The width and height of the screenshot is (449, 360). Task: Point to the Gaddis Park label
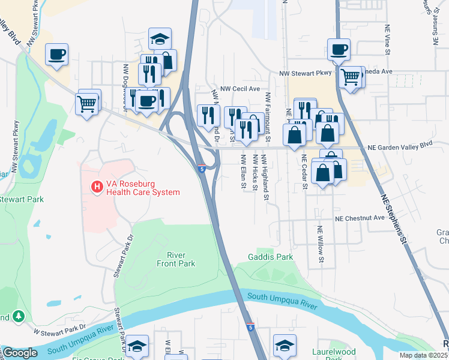click(x=270, y=257)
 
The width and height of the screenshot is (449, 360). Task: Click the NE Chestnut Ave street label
click(x=360, y=218)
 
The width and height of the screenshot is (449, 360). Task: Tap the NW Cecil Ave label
click(x=240, y=88)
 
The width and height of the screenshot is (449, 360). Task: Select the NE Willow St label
click(x=321, y=245)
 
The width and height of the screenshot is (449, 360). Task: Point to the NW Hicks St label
click(x=255, y=172)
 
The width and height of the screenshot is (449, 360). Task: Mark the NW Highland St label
click(x=265, y=177)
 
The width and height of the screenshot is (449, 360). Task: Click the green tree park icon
click(x=19, y=316)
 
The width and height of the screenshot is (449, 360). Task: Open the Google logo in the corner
click(x=19, y=353)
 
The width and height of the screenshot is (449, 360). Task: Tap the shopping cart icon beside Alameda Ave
click(x=349, y=76)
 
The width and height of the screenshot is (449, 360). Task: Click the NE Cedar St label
click(x=304, y=170)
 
